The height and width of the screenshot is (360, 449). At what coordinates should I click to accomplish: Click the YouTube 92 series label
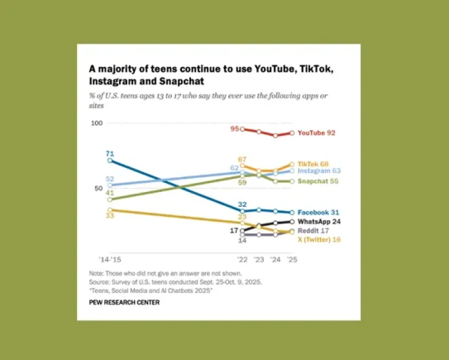(316, 133)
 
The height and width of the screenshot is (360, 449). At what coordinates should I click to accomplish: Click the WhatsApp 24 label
(319, 221)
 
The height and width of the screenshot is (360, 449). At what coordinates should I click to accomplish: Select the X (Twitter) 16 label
(319, 239)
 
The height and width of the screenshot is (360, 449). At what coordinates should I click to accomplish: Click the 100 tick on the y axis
(96, 123)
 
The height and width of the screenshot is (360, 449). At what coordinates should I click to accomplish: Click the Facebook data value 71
(110, 153)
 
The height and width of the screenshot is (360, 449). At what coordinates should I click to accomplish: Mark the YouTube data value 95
(235, 129)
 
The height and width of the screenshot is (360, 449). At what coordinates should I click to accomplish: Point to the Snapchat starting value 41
(110, 193)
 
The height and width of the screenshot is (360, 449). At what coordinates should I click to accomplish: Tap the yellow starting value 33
(110, 217)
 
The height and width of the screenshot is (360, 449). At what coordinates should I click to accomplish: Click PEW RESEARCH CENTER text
(124, 302)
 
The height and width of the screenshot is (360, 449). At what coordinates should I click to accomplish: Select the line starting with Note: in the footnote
(166, 273)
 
